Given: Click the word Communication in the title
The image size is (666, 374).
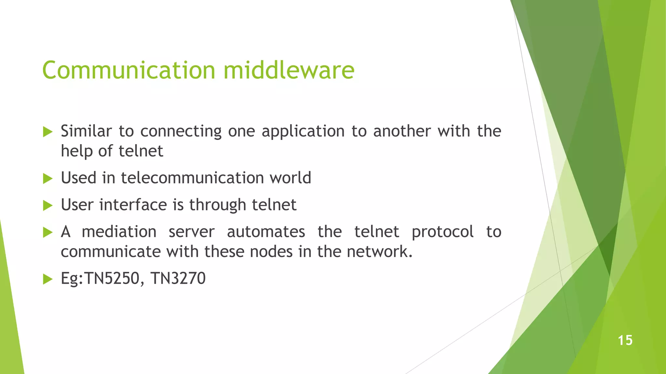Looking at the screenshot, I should (x=129, y=70).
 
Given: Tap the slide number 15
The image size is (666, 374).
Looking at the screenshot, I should (x=625, y=341).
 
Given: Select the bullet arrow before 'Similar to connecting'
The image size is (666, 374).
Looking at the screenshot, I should (x=48, y=132).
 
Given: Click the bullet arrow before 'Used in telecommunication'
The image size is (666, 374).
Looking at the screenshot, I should (x=48, y=178).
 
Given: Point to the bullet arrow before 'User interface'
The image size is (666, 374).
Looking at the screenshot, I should (x=48, y=205).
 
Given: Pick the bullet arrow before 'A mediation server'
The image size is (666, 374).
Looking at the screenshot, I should (x=48, y=232).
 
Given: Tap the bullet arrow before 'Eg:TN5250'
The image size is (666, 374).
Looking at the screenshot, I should (x=48, y=279).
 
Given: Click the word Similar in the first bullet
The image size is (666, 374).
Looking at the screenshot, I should (x=86, y=131).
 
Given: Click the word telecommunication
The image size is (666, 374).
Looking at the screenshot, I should (x=192, y=178).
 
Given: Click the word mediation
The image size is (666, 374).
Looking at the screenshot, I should (x=119, y=232).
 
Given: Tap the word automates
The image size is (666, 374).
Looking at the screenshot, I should (x=266, y=232).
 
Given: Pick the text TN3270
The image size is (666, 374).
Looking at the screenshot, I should (x=178, y=279).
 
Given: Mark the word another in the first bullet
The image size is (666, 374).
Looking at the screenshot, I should (x=402, y=131).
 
